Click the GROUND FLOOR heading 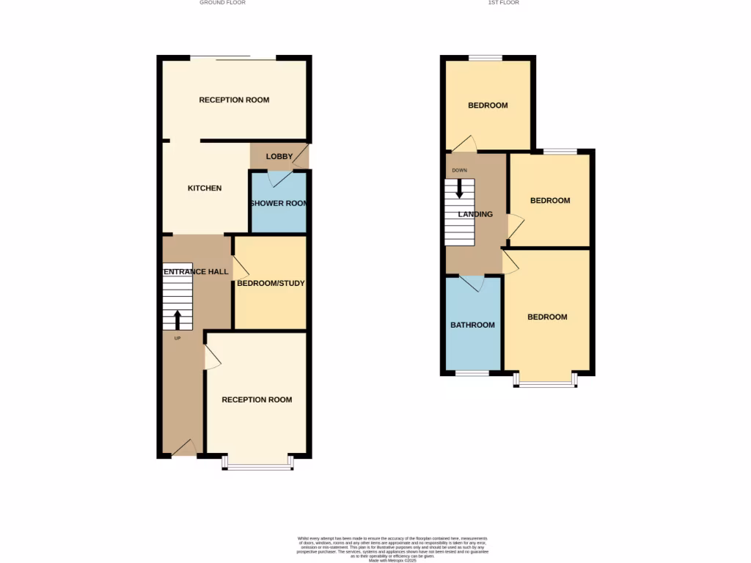(222, 3)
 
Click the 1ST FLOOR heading (504, 3)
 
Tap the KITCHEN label (205, 188)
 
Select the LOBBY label (279, 156)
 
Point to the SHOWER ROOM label (279, 204)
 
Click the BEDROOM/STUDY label (271, 283)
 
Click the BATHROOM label (472, 325)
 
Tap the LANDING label (475, 215)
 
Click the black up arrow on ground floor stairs (177, 319)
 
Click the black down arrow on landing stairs (460, 189)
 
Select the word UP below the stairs (177, 338)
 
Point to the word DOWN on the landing (459, 171)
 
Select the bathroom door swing (472, 283)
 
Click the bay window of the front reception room (259, 464)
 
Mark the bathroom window (472, 374)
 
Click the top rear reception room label (234, 100)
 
